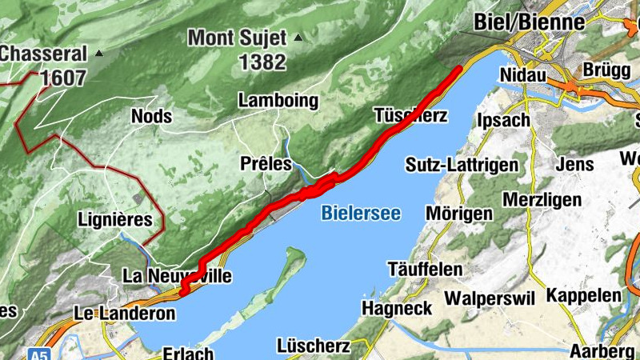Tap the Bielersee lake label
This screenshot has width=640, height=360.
point(360,213)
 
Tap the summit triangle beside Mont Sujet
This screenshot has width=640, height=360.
point(298,37)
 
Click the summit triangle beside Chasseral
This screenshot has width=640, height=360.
point(99,54)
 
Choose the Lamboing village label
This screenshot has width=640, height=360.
point(278,101)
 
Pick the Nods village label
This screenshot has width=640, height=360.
point(151,116)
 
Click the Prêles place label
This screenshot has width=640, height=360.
point(266,163)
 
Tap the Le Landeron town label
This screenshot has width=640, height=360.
point(124,313)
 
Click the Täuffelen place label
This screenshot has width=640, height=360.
point(424,269)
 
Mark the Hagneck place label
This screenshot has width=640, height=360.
point(397,307)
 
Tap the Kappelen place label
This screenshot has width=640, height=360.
point(583,295)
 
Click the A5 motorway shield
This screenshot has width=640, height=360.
point(38,353)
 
